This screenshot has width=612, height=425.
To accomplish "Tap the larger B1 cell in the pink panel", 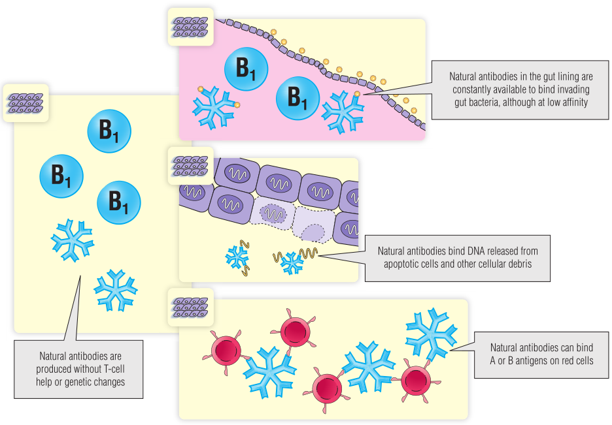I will pos(246,69).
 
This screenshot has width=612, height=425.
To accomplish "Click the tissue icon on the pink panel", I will pos(190,27).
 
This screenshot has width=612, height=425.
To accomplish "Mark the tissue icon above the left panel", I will pos(25,103).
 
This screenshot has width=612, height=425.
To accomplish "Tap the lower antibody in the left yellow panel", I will pos(115,289).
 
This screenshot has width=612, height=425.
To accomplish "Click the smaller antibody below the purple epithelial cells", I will pos(236,256).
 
